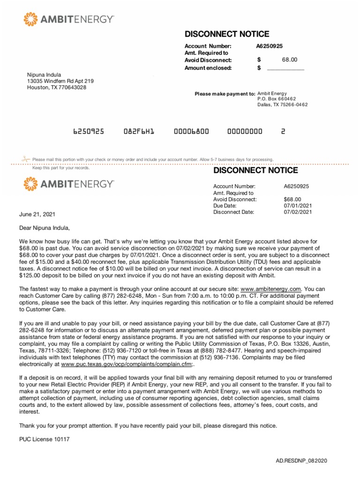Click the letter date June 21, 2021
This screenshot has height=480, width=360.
click(37, 214)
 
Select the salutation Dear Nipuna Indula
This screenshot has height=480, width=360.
click(44, 228)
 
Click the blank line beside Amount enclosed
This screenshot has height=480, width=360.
click(285, 68)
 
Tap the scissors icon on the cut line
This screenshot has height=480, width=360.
click(25, 159)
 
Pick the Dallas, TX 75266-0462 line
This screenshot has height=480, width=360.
click(282, 105)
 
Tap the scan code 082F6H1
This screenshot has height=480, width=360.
click(139, 132)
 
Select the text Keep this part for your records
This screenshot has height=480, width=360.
click(60, 168)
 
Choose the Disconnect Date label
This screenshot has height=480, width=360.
click(233, 212)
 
